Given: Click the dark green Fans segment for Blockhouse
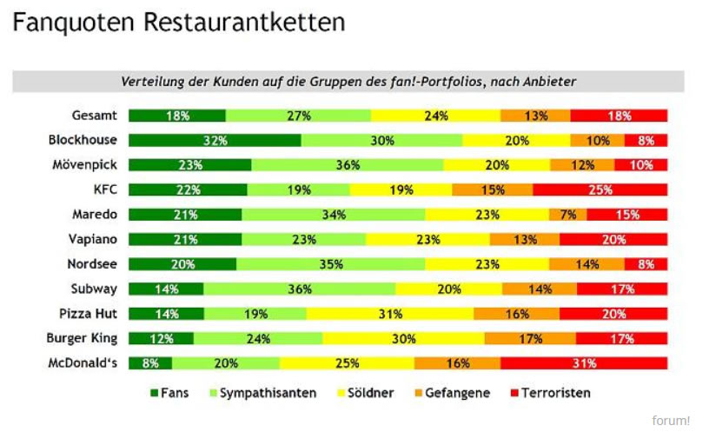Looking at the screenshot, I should click(x=215, y=140).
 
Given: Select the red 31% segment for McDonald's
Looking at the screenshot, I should click(x=584, y=363).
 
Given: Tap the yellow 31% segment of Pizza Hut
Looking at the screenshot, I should click(x=389, y=314).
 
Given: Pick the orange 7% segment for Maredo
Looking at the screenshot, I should click(x=567, y=215).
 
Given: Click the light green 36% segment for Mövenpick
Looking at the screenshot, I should click(x=348, y=165).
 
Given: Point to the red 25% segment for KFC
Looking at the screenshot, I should click(x=600, y=189).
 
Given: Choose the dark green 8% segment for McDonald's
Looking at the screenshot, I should click(x=150, y=363).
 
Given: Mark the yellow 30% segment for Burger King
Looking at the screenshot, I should click(x=403, y=339).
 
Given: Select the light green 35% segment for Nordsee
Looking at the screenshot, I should click(x=330, y=264).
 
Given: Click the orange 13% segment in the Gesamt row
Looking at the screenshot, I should click(x=535, y=116).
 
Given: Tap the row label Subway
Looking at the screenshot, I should click(x=95, y=289).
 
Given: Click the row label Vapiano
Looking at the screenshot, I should click(x=95, y=240).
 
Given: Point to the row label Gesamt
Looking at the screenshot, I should click(x=96, y=116).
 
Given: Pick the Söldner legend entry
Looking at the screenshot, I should click(x=365, y=393).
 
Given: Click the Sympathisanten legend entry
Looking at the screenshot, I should click(x=261, y=393).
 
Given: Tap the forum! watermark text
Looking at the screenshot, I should click(x=671, y=421).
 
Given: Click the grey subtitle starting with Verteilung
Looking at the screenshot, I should click(x=348, y=82).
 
